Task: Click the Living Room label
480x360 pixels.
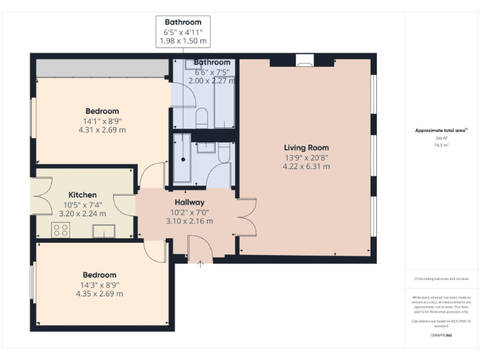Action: point(306,148)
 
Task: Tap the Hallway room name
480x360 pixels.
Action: point(189,202)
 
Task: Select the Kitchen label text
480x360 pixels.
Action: point(82,195)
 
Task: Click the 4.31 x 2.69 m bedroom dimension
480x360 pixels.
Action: point(102,130)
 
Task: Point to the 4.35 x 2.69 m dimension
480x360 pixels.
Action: point(99,294)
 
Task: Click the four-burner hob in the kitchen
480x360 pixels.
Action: point(61,230)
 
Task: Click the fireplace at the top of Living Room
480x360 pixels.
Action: point(304,61)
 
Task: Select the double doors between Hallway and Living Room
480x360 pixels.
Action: point(247,217)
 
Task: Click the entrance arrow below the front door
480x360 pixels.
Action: point(201,264)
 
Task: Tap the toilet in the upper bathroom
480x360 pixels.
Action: point(201,117)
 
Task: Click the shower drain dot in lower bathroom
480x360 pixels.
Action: point(183,159)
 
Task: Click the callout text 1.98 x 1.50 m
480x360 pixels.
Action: point(183,41)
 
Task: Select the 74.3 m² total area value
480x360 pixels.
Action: point(441,144)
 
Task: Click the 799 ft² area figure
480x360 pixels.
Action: point(441,138)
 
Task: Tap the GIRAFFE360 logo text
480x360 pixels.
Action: point(441,336)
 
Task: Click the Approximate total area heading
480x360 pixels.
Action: point(441,130)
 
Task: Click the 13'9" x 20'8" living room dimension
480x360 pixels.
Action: point(306,158)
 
